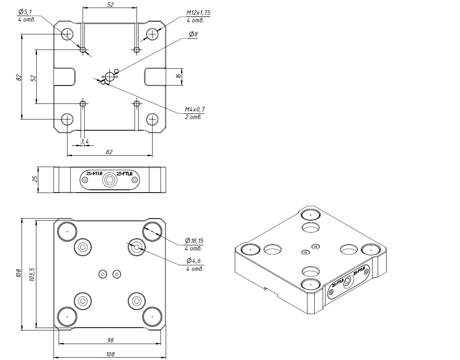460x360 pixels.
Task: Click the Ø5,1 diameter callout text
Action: click(25, 12)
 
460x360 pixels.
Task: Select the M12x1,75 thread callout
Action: click(198, 13)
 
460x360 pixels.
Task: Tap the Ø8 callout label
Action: click(193, 34)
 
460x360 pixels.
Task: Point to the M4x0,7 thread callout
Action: click(194, 109)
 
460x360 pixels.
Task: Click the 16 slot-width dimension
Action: click(178, 76)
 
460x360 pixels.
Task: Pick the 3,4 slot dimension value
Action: click(85, 142)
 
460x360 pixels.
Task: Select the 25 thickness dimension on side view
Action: click(35, 179)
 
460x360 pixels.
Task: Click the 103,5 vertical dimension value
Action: click(32, 274)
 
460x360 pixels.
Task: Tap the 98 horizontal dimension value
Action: click(110, 340)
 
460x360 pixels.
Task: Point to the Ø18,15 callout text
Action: click(194, 241)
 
